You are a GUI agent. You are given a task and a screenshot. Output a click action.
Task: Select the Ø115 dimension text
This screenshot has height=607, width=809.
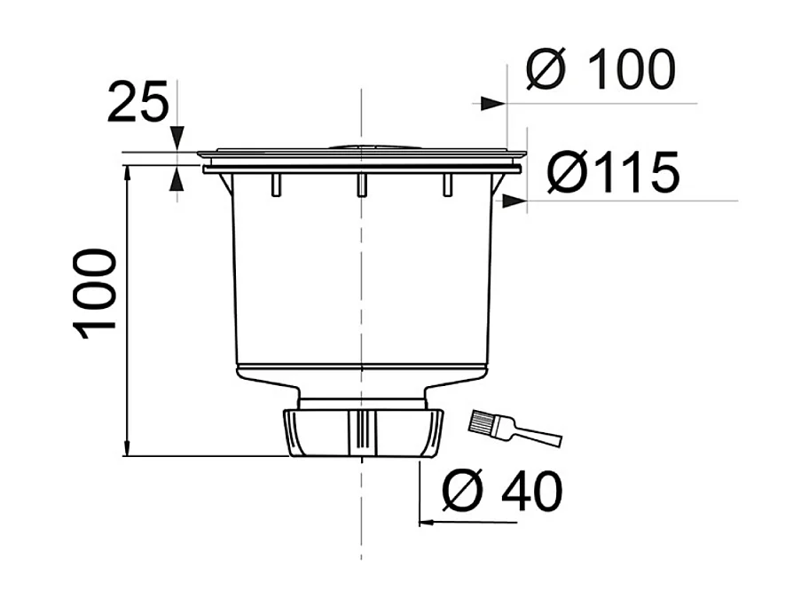click(x=613, y=172)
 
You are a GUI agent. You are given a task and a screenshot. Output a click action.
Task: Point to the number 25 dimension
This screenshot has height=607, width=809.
click(x=137, y=103)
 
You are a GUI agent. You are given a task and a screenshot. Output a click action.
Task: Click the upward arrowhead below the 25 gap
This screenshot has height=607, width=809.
click(x=177, y=179)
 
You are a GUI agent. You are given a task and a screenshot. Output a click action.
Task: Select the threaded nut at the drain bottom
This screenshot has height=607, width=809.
click(x=362, y=433)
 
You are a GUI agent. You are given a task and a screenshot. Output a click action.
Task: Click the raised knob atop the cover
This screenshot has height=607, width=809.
click(x=361, y=144)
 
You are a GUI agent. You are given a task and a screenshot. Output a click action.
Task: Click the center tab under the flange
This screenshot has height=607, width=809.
click(x=361, y=184)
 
